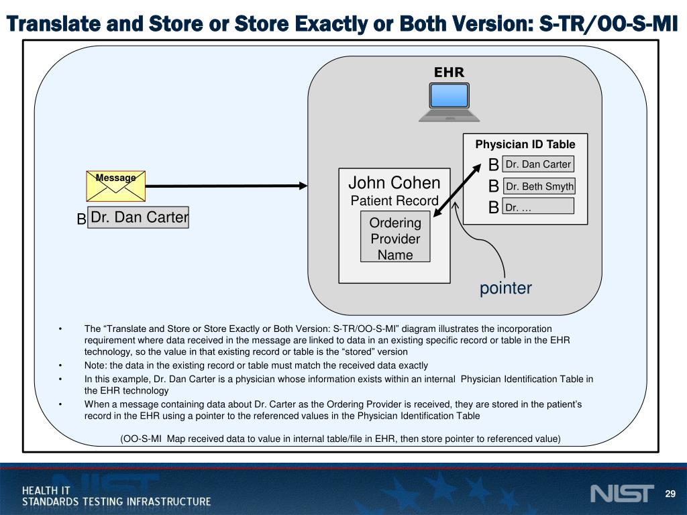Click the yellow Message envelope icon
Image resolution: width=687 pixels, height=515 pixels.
tap(115, 186)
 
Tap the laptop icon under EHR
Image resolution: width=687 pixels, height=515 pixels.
tap(449, 101)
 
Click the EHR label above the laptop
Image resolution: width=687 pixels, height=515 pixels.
tap(449, 72)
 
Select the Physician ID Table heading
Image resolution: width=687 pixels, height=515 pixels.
tap(525, 144)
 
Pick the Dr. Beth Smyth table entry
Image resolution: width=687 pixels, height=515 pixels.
tap(539, 186)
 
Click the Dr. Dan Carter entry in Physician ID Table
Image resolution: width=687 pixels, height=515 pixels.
tap(538, 164)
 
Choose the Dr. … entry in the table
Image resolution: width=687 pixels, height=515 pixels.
tap(538, 208)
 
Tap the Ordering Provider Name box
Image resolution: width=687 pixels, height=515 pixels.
tap(395, 239)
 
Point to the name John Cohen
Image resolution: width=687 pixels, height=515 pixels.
tap(394, 183)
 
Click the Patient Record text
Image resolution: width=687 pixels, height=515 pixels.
tap(394, 201)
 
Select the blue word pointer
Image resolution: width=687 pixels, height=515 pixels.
tap(505, 288)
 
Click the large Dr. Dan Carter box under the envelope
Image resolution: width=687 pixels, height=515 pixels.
tap(139, 217)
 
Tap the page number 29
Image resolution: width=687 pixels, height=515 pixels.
tap(670, 494)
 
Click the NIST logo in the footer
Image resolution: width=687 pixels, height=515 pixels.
tap(621, 494)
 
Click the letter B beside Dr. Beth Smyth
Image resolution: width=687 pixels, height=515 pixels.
tap(494, 186)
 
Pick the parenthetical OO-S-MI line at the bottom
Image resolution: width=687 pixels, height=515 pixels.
tap(340, 439)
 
